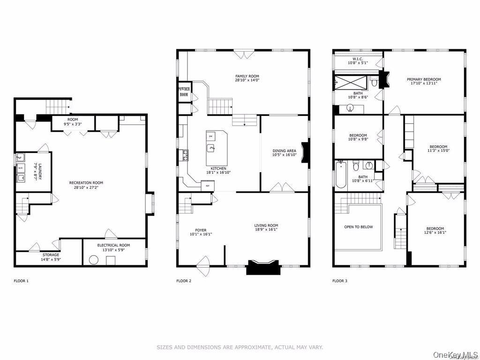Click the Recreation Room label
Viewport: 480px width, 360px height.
(x=86, y=185)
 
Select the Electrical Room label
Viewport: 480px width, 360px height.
(x=113, y=247)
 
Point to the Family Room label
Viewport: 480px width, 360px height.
(x=247, y=78)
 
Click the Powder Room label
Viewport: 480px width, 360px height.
(x=183, y=91)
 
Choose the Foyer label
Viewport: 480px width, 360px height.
(x=201, y=232)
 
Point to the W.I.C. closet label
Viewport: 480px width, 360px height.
(x=358, y=60)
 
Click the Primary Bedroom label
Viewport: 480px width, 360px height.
(x=424, y=82)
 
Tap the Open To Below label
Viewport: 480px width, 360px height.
(x=359, y=227)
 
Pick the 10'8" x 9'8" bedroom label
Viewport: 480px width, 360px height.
(x=358, y=137)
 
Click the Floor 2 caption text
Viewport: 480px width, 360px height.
(x=184, y=281)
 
